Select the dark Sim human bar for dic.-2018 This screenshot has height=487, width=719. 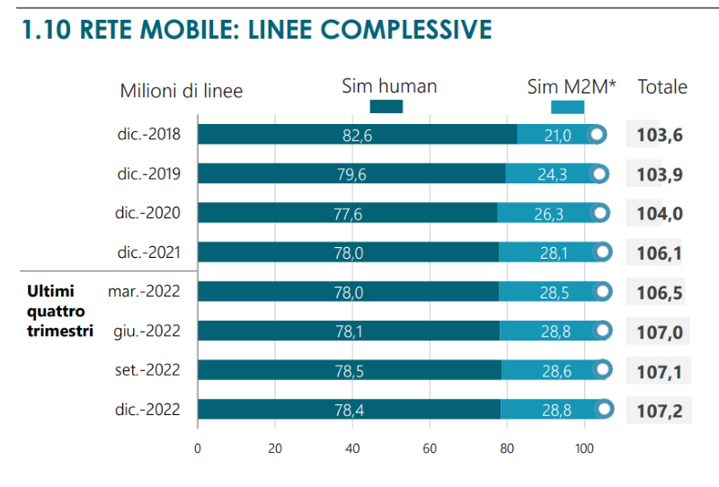click(x=357, y=135)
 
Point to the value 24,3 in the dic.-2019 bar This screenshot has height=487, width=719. click(x=552, y=174)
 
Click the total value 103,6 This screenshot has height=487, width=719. click(x=660, y=136)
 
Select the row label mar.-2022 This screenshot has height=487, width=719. click(x=144, y=291)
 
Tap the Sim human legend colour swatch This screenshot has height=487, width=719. click(x=386, y=107)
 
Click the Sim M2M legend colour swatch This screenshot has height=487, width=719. click(x=567, y=107)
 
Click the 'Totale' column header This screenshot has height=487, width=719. click(x=662, y=87)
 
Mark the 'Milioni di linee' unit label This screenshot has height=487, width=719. click(x=182, y=91)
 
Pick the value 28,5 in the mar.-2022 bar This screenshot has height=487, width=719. click(x=554, y=292)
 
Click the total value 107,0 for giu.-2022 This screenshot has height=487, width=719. click(x=660, y=332)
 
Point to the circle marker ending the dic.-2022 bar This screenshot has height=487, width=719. click(x=604, y=410)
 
